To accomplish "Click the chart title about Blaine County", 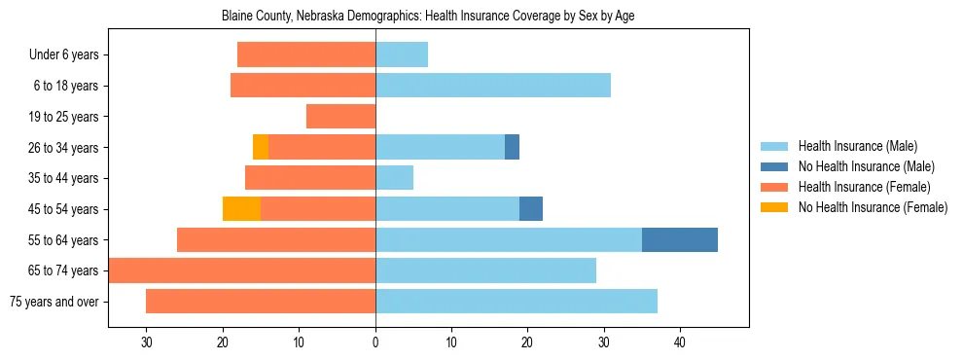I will tap(428, 17).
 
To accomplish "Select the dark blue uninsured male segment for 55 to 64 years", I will tap(680, 239).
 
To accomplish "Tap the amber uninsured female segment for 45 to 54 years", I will tap(241, 208).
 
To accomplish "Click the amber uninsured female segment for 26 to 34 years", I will tap(261, 147).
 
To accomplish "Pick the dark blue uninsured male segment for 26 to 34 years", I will tap(512, 147).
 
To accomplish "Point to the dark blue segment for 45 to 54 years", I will tap(531, 208).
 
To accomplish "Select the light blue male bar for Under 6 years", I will tap(402, 54).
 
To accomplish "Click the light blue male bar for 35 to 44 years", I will tap(394, 178).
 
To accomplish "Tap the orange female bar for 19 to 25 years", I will tap(340, 117).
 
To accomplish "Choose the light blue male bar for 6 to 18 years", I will tap(493, 86).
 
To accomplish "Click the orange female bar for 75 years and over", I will tap(261, 302).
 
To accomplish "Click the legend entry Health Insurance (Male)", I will tap(857, 146).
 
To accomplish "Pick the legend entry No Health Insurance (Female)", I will tap(872, 207).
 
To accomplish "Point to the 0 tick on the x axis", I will tap(375, 342).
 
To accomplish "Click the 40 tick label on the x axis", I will tap(680, 342).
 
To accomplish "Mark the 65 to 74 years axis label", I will tap(64, 270).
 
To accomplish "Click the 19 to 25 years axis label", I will tap(64, 117).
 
